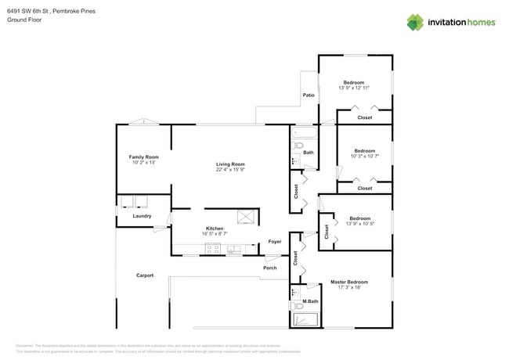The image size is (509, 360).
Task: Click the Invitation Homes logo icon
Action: (x=416, y=22)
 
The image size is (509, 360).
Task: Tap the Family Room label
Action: (x=143, y=157)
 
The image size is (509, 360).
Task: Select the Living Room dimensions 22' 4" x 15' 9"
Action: (x=231, y=170)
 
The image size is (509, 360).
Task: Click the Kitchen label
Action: (x=215, y=229)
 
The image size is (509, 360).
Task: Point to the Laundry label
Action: (x=142, y=216)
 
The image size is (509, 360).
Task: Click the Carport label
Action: (x=145, y=275)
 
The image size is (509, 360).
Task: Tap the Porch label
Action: (x=269, y=268)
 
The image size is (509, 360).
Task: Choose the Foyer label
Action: (x=275, y=242)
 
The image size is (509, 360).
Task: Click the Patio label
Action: (x=309, y=95)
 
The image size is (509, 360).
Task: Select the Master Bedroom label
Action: (x=348, y=282)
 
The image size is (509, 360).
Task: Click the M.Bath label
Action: (x=310, y=301)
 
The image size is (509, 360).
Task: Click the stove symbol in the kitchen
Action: (x=212, y=249)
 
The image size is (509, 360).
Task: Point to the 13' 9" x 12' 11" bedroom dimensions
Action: (x=354, y=88)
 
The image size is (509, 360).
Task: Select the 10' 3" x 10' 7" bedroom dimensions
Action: (x=364, y=157)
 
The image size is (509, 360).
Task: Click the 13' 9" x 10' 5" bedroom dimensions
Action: (x=359, y=225)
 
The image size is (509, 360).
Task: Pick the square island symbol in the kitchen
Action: (x=247, y=217)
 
